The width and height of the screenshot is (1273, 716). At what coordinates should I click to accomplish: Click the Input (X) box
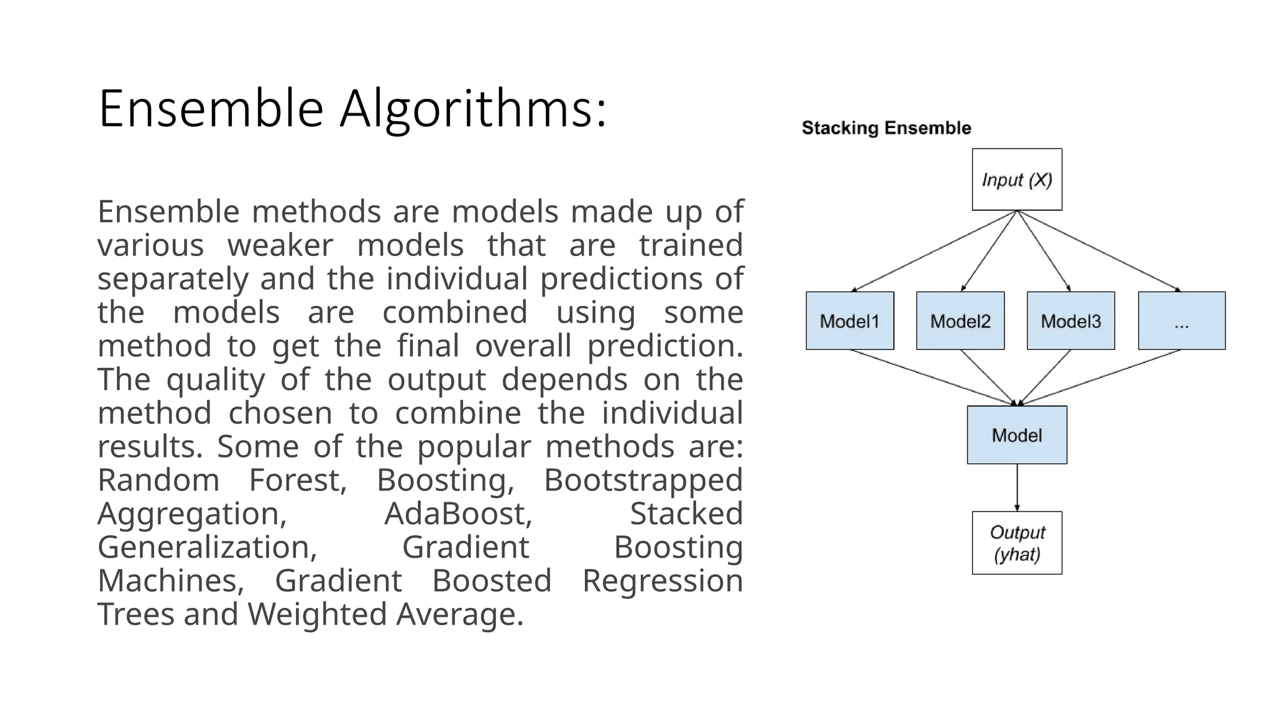point(1017,180)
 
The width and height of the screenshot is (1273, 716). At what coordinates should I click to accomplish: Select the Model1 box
point(850,321)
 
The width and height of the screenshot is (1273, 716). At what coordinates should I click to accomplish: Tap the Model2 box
point(960,321)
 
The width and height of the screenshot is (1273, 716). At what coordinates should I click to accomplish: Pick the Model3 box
point(1070,321)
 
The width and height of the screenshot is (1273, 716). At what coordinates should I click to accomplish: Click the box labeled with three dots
point(1182,321)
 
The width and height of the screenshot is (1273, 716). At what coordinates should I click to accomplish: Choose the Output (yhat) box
point(1017,543)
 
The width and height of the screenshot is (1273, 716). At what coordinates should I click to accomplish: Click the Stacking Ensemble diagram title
point(886,128)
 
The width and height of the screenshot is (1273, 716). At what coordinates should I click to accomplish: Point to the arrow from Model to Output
point(1017,488)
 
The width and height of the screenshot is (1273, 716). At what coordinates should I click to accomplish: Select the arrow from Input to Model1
point(934,251)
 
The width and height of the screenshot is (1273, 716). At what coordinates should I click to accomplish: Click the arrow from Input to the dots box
point(1099,251)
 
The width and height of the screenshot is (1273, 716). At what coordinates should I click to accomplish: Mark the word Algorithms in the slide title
point(472,109)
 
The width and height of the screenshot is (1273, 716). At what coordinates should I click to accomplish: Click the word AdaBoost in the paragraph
point(458,514)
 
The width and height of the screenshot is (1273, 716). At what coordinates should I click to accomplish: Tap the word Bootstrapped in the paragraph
point(643,480)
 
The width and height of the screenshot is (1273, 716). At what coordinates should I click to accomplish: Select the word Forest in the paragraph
point(297,480)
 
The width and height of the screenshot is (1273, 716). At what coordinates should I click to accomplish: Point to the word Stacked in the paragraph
point(686,514)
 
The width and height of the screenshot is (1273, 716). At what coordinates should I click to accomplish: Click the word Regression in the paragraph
point(662,581)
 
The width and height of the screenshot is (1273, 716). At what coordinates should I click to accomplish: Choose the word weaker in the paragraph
point(280,246)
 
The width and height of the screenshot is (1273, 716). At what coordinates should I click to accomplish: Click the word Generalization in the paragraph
point(207,548)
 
